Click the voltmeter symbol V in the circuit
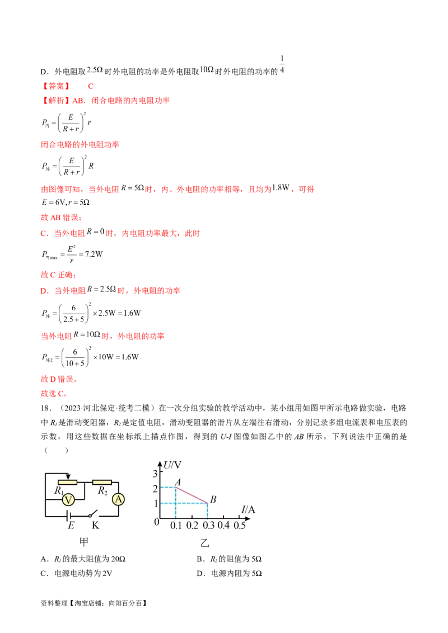tap(68, 500)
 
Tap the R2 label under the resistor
tap(102, 491)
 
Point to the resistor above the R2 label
tap(102, 481)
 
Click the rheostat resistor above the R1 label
tap(68, 481)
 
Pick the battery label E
tap(71, 526)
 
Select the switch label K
tap(96, 526)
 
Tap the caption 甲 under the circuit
tap(83, 542)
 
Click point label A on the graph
tap(178, 482)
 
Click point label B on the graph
tap(213, 499)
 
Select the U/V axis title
tap(173, 465)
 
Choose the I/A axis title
tap(248, 509)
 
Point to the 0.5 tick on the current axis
tap(240, 526)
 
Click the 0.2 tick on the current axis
tap(192, 526)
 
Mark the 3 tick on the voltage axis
tap(156, 474)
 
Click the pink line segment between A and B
tap(192, 495)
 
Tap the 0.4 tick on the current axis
tap(223, 526)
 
